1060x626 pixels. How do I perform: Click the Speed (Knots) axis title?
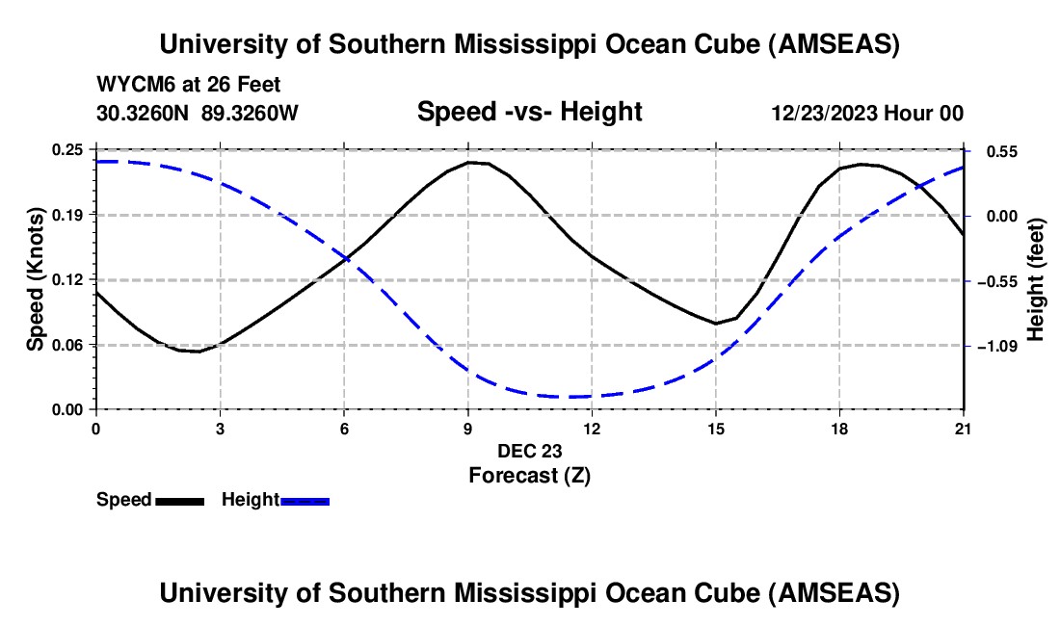click(35, 279)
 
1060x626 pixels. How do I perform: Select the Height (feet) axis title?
click(1037, 279)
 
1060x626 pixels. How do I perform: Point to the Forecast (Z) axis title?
click(529, 475)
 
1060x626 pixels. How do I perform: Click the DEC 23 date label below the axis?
click(529, 451)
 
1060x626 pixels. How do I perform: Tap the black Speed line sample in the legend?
click(180, 500)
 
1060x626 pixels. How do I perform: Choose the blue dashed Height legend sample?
click(305, 500)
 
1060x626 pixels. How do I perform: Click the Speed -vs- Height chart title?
click(529, 112)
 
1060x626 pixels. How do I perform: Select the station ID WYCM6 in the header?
click(130, 85)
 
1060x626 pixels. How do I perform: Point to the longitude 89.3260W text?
click(251, 113)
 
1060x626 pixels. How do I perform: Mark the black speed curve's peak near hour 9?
click(472, 162)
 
